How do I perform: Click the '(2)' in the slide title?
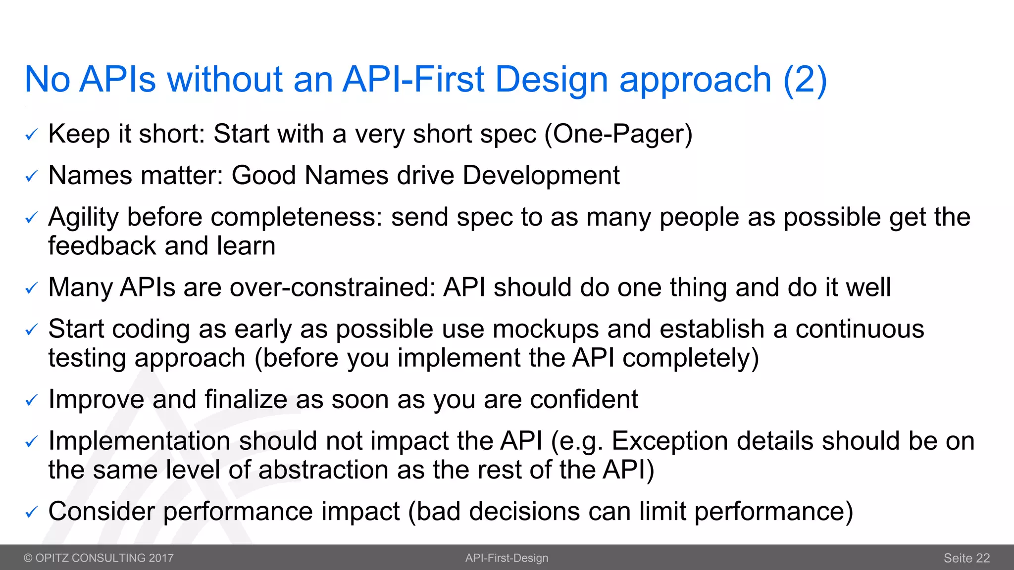(805, 80)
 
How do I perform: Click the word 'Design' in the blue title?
(551, 80)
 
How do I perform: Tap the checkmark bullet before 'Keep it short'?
(31, 135)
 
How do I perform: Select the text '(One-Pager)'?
(618, 134)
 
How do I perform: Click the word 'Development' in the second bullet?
(541, 176)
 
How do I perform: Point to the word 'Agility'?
(84, 218)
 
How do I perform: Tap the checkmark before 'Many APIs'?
(31, 288)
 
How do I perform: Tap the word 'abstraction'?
(323, 470)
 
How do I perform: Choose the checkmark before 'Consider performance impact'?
(31, 512)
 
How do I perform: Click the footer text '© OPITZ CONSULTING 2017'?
(99, 558)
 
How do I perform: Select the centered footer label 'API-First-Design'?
(507, 558)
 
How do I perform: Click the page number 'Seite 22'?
(966, 558)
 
